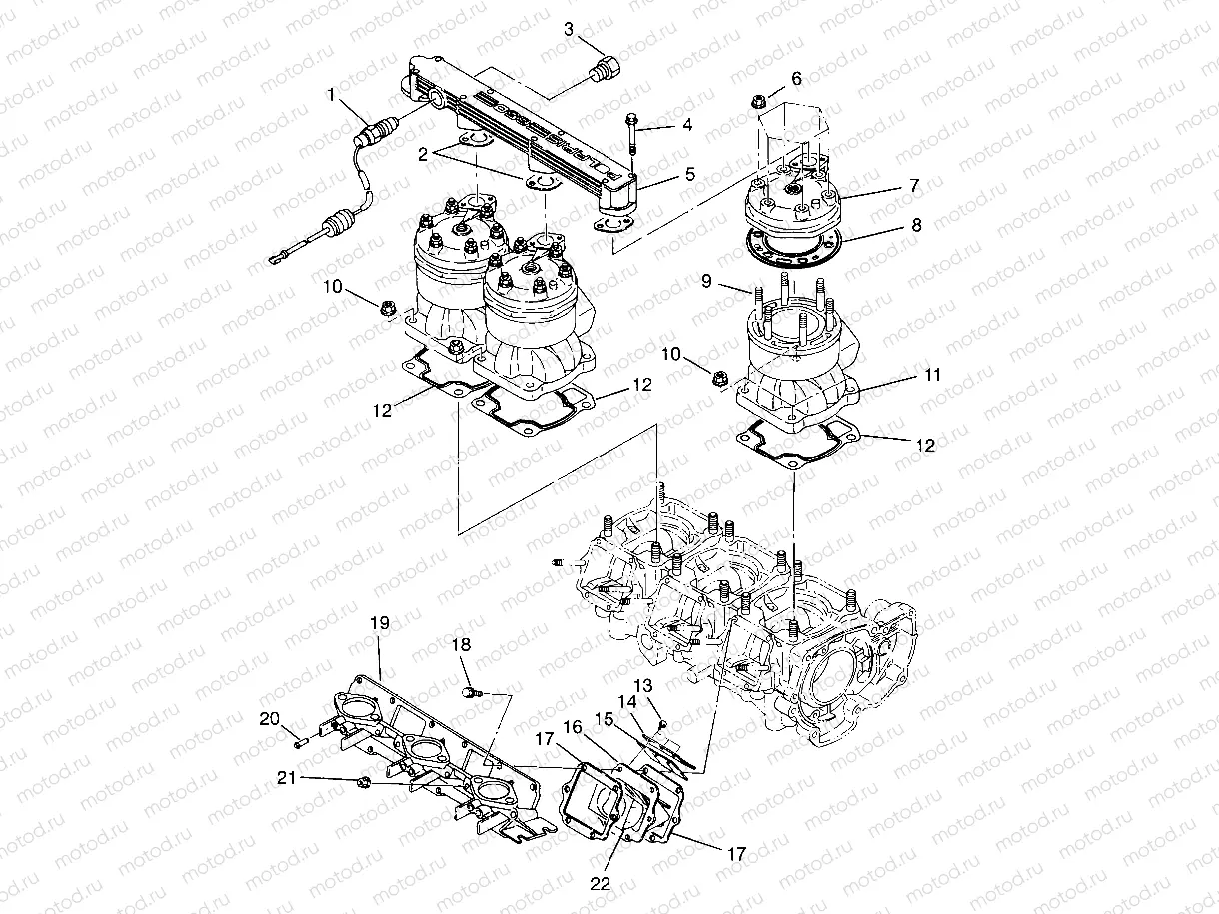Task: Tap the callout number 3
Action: (569, 28)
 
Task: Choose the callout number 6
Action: (795, 77)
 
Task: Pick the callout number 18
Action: (461, 645)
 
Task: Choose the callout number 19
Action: (379, 650)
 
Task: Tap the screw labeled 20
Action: (300, 741)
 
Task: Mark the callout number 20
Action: (268, 719)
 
